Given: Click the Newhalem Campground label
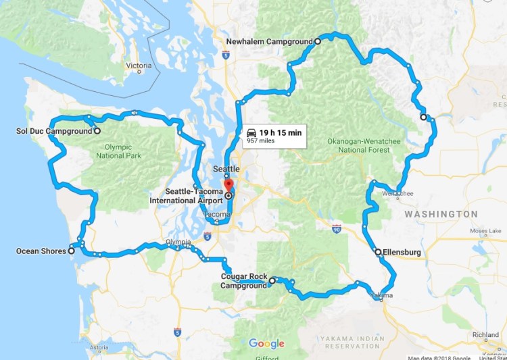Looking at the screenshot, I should [x=268, y=41].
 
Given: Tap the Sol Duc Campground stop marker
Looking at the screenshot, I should [x=97, y=131].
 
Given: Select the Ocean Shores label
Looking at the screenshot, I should [x=41, y=251].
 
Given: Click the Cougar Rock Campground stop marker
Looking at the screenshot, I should [x=272, y=280].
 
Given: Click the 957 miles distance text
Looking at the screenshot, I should [x=262, y=142].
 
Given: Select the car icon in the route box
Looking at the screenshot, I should [x=251, y=132].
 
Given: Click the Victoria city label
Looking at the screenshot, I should [x=139, y=66].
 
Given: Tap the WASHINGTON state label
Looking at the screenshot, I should [x=441, y=214].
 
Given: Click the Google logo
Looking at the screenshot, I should [x=266, y=343].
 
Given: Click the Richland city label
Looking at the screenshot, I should [x=485, y=334].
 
